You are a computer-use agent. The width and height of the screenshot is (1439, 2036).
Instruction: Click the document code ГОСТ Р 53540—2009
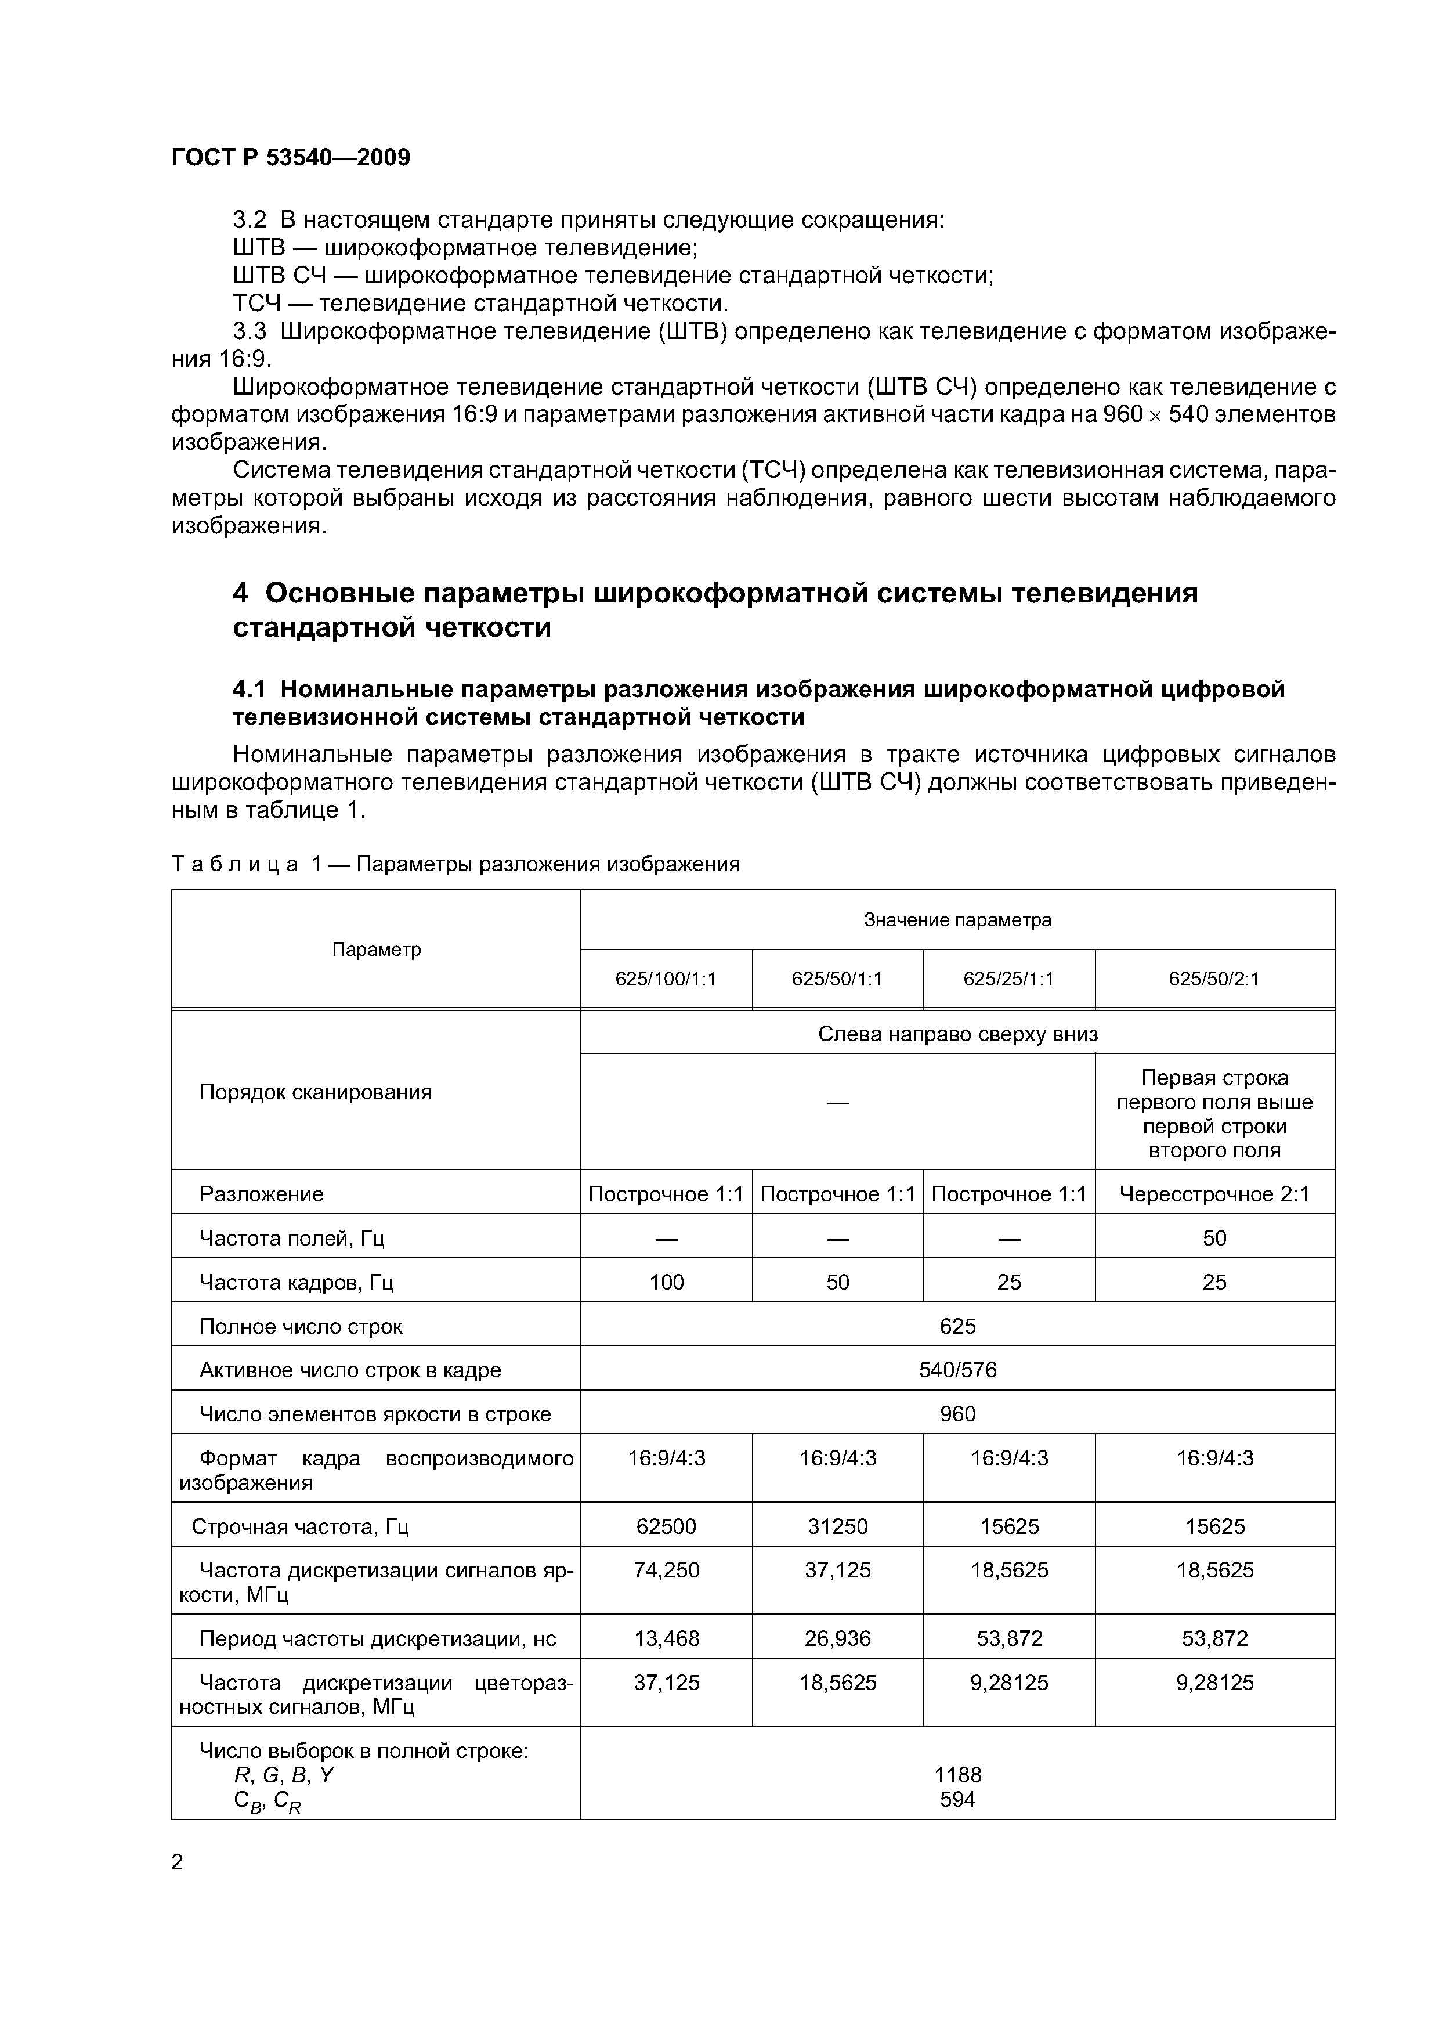coord(291,158)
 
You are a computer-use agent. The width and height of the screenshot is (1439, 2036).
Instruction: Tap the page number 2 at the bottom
coord(178,1862)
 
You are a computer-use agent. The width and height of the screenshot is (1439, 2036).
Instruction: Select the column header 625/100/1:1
coord(666,979)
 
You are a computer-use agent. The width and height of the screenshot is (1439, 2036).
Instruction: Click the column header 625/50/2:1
coord(1214,979)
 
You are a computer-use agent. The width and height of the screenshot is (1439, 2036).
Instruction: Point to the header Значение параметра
coord(957,919)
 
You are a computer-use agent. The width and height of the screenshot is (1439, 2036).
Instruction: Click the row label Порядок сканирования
coord(316,1092)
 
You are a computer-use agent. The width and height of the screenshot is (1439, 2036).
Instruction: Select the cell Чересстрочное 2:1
coord(1214,1194)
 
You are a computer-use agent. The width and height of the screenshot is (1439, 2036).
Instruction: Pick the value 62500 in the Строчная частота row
coord(666,1526)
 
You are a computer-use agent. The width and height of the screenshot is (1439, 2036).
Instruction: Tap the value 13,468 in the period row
coord(666,1638)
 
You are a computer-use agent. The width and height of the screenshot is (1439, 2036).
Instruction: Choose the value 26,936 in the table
coord(838,1638)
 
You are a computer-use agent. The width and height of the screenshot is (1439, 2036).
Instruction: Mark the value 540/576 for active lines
coord(957,1370)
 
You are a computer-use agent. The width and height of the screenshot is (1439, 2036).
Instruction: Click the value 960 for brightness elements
coord(957,1413)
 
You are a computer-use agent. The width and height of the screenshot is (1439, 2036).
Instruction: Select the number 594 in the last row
coord(957,1799)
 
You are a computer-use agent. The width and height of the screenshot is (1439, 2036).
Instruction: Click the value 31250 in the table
coord(838,1526)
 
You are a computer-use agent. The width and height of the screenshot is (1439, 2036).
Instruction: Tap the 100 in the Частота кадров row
coord(666,1281)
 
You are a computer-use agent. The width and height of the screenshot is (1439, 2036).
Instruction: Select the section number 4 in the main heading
coord(240,593)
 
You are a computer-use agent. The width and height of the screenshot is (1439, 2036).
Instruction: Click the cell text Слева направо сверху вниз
coord(957,1034)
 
